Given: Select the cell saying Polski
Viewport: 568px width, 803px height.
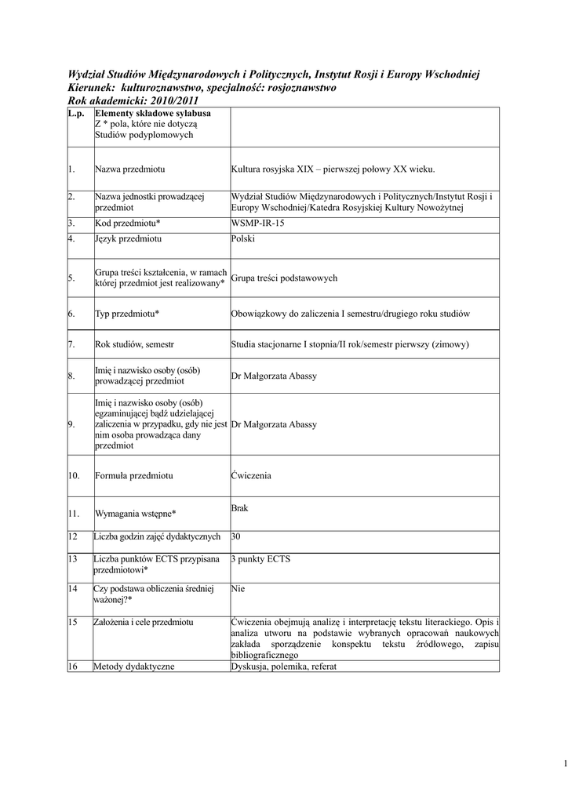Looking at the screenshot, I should click(x=243, y=238).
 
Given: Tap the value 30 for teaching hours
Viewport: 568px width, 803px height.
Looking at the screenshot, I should click(x=236, y=536).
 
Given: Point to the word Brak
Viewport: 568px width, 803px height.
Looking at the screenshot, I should click(x=239, y=508).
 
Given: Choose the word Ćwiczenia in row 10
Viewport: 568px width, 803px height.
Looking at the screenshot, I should click(x=251, y=475).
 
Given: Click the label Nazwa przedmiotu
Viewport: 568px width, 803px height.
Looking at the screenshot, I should click(x=129, y=169).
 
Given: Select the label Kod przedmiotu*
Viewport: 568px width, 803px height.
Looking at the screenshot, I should click(x=127, y=223).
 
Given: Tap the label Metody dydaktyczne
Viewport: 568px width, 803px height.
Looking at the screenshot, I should click(x=133, y=667).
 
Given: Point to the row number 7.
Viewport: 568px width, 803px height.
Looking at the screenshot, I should click(x=71, y=343).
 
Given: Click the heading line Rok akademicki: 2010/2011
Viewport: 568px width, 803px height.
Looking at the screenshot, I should click(x=133, y=100).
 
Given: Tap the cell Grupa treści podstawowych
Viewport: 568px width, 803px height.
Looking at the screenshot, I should click(x=284, y=278).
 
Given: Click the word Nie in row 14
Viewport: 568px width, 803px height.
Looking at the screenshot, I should click(x=238, y=587).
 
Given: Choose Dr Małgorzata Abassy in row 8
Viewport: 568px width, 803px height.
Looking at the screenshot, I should click(x=274, y=376).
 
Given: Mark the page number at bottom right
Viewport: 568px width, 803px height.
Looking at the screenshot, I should click(x=564, y=764).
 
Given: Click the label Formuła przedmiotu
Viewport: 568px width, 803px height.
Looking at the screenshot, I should click(x=133, y=475).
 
